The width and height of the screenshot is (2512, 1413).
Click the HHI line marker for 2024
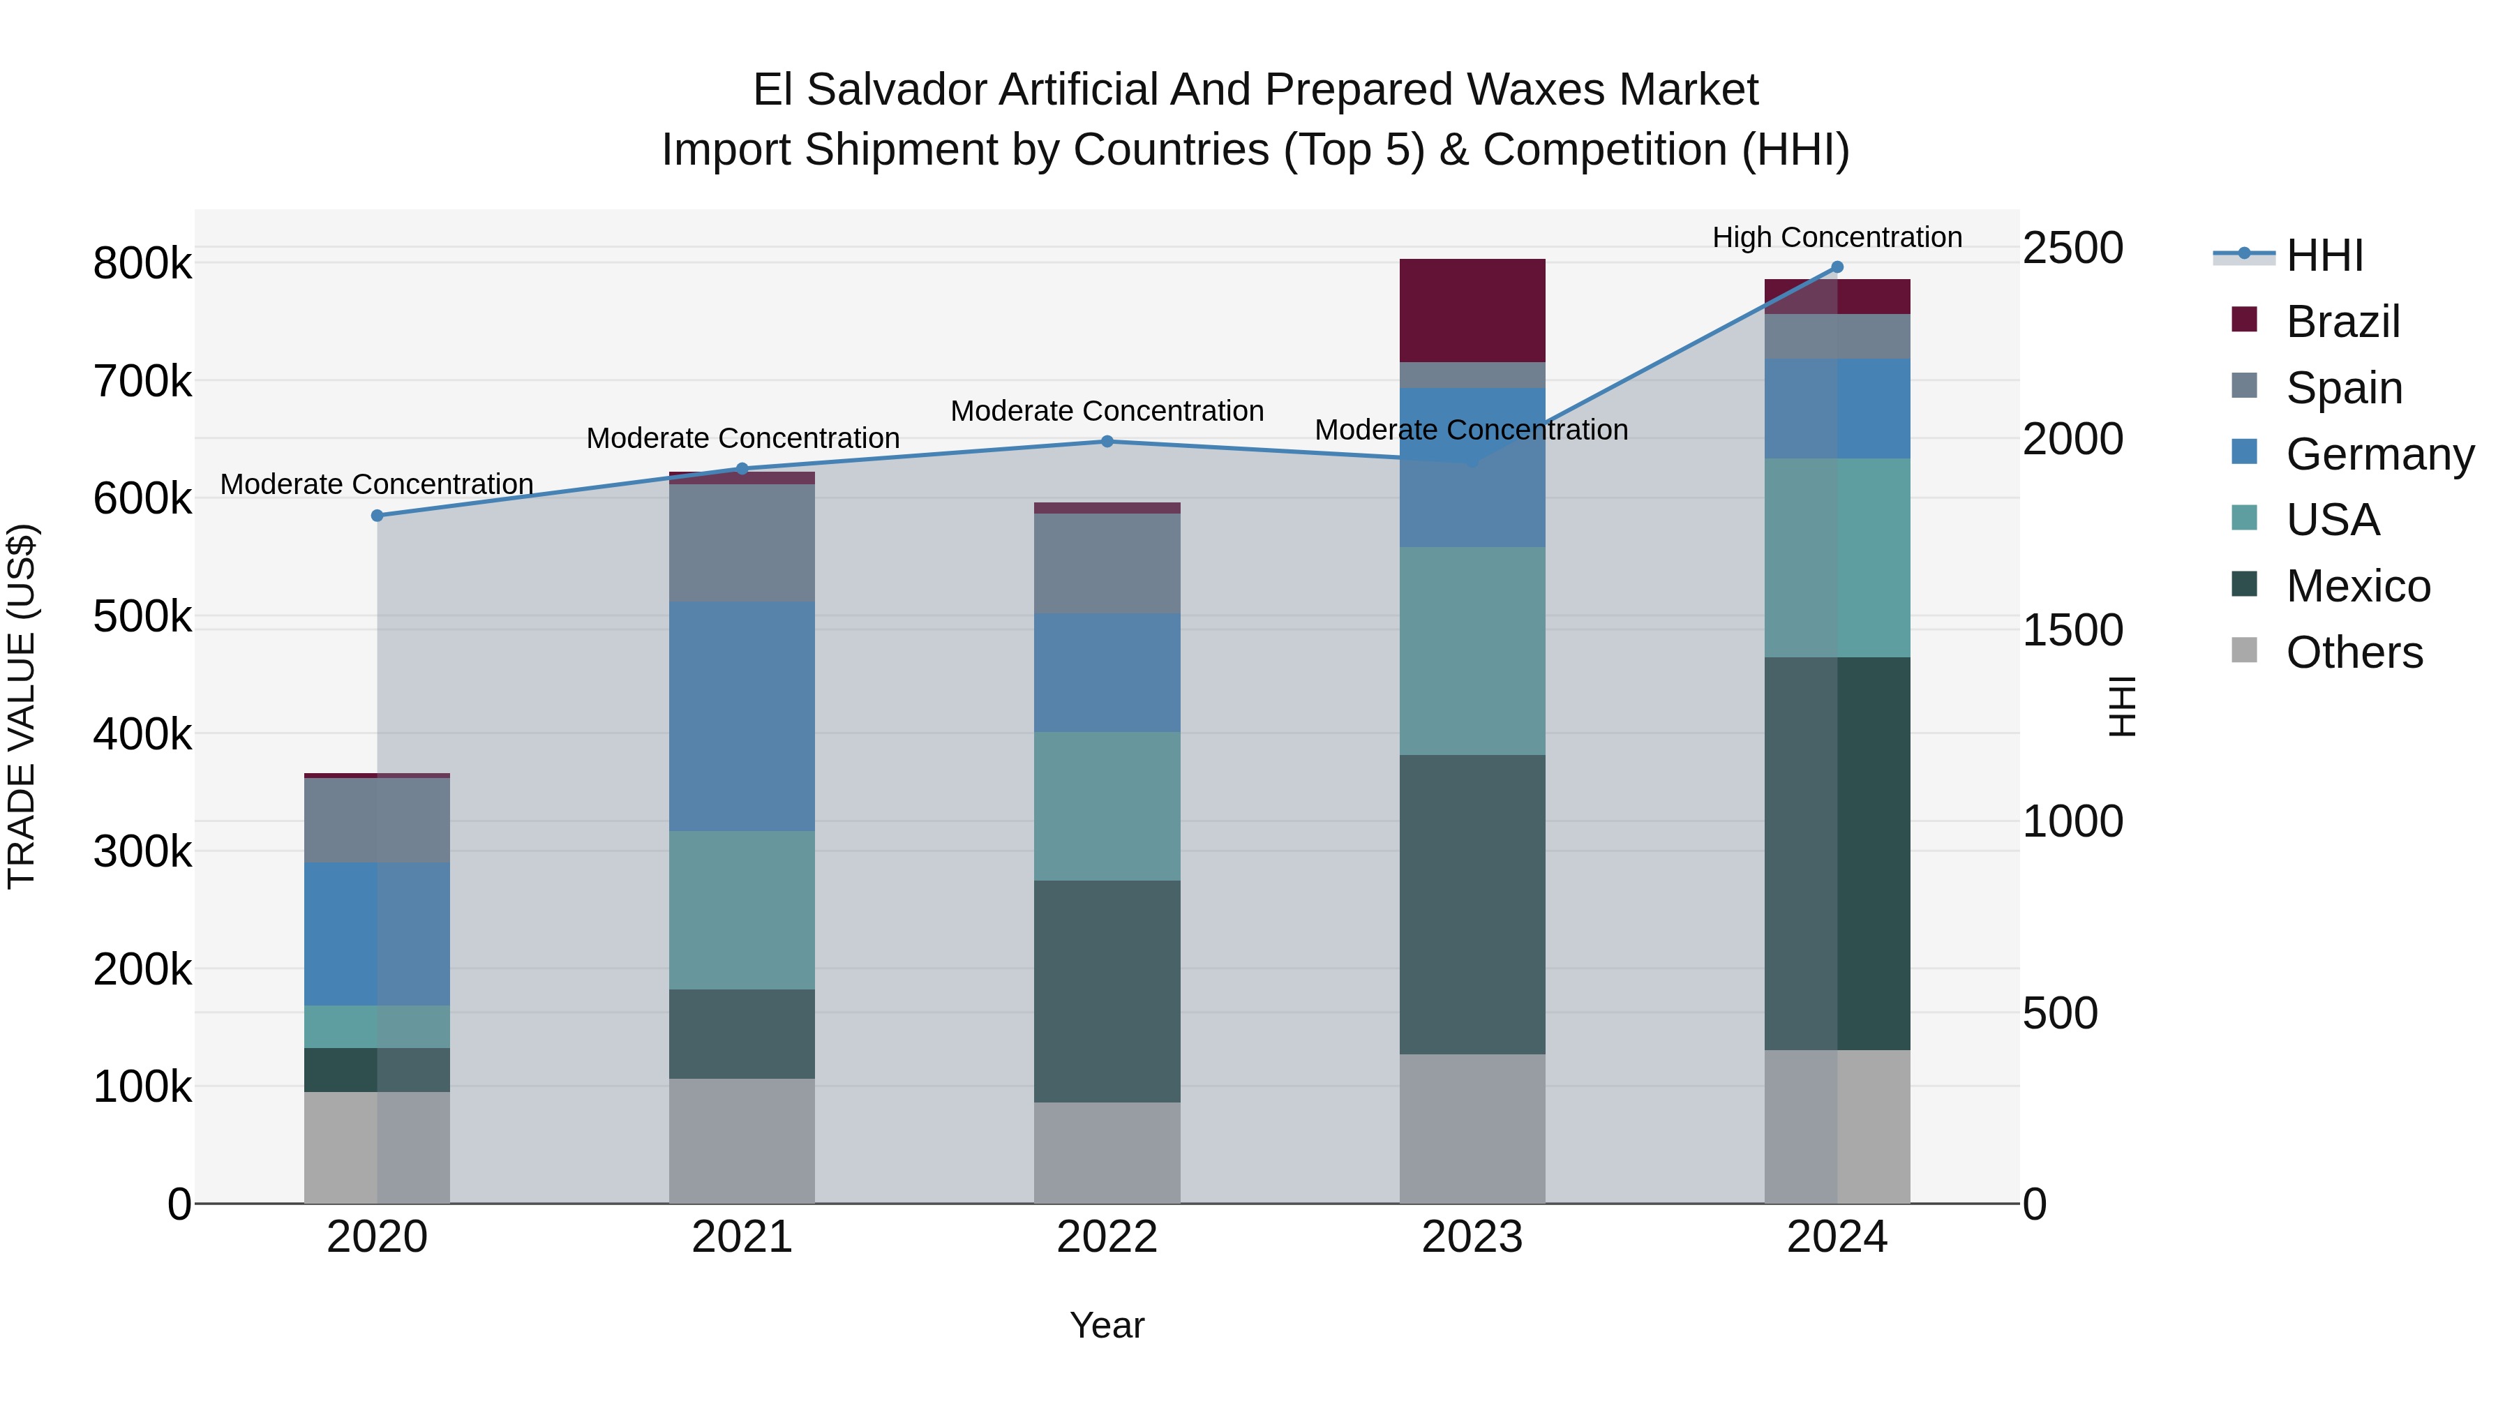click(1837, 267)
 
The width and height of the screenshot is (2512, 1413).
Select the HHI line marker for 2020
click(377, 516)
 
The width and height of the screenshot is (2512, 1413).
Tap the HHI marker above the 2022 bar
click(1107, 442)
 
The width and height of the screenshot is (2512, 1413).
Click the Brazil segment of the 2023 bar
click(1472, 310)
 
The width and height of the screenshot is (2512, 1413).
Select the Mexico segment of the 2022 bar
click(1107, 991)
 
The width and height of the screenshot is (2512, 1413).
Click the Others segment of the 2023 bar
click(1472, 1128)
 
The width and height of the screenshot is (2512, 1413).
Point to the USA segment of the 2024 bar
click(1837, 558)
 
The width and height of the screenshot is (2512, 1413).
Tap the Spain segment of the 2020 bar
click(377, 820)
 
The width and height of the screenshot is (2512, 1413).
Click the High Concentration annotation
click(1837, 237)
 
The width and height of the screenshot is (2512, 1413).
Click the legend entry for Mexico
click(2357, 586)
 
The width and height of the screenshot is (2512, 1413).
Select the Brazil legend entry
click(2342, 322)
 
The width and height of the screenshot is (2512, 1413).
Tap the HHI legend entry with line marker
click(2324, 255)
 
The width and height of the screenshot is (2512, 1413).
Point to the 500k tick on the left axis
click(142, 616)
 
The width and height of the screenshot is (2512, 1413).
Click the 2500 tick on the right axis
click(2072, 248)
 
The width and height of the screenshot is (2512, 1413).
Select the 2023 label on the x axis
click(1472, 1237)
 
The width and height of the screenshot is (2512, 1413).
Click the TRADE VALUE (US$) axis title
click(22, 706)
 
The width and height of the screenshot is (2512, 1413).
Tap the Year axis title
click(1107, 1325)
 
